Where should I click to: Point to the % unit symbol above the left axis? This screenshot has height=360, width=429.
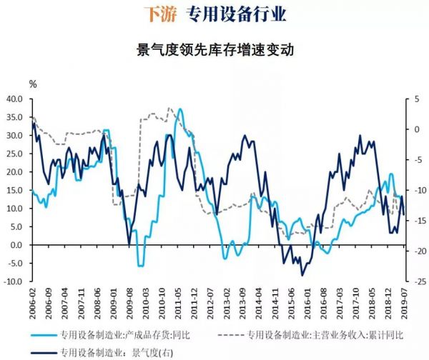coord(32,84)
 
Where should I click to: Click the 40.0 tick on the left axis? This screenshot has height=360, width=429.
coord(14,99)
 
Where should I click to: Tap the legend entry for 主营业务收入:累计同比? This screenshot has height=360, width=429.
coord(322,334)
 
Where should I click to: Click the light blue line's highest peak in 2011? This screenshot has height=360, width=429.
coord(179,109)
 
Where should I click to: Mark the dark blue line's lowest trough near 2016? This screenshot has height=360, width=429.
coord(302,275)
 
